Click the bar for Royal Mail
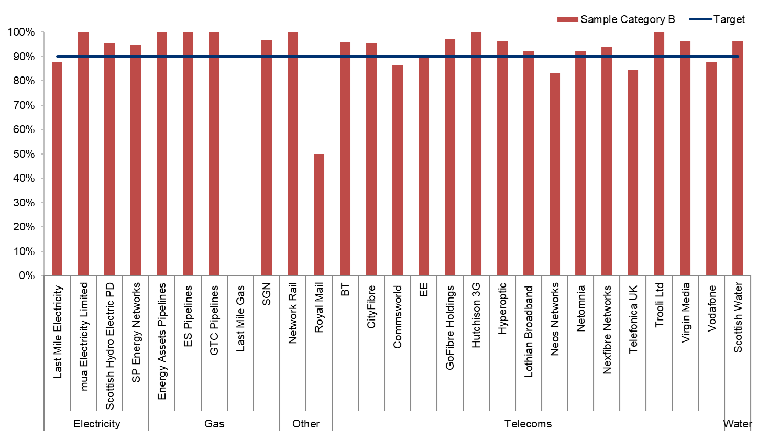pyautogui.click(x=318, y=215)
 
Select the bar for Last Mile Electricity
pyautogui.click(x=57, y=169)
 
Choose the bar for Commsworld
pyautogui.click(x=397, y=170)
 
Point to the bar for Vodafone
pyautogui.click(x=711, y=169)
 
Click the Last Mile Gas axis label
pyautogui.click(x=240, y=318)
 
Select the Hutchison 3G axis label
pyautogui.click(x=476, y=315)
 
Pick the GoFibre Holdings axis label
pyautogui.click(x=449, y=327)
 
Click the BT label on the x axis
pyautogui.click(x=345, y=290)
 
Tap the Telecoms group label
pyautogui.click(x=528, y=424)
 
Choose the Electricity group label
pyautogui.click(x=96, y=424)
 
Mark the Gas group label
pyautogui.click(x=214, y=424)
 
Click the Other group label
pyautogui.click(x=306, y=424)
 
